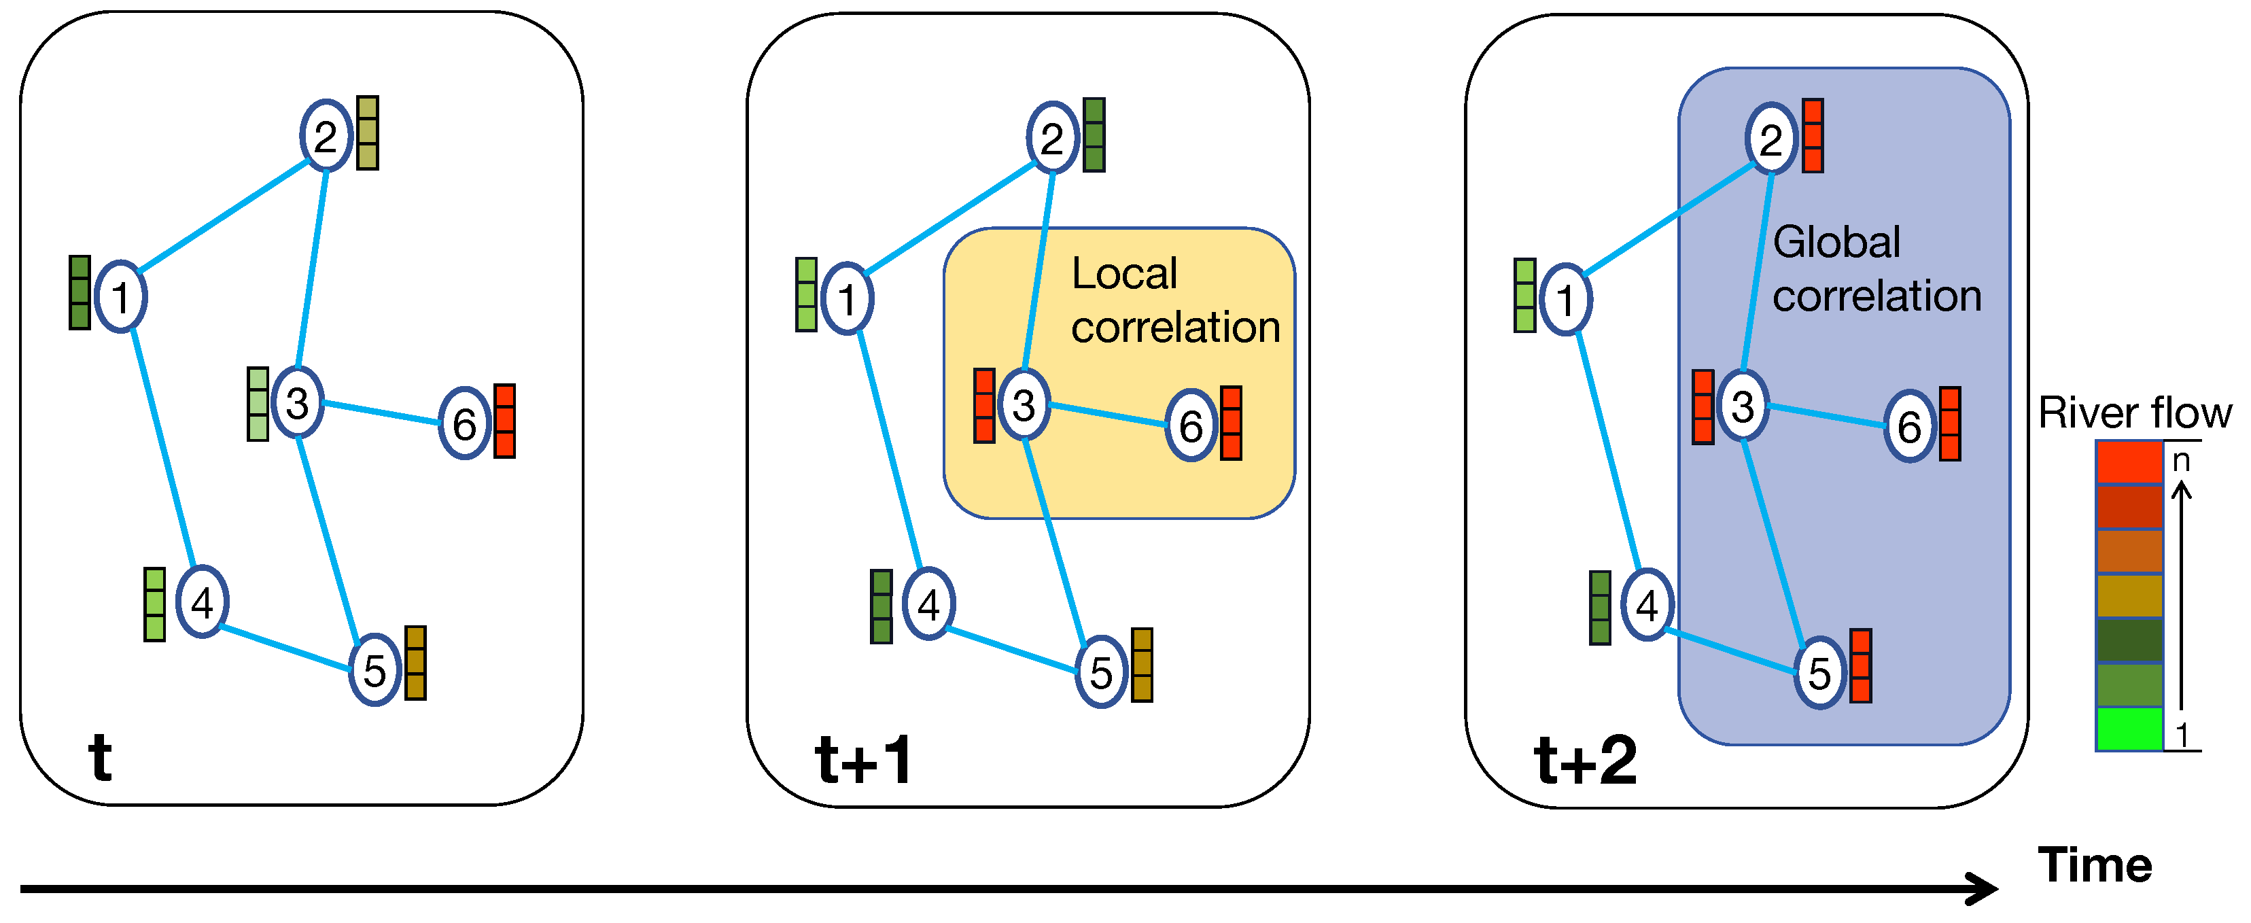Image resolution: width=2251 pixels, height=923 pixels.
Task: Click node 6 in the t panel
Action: [x=464, y=424]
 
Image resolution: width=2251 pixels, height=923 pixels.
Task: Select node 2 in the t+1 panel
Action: [x=1052, y=138]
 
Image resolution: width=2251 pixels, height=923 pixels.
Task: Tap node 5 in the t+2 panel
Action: [x=1819, y=672]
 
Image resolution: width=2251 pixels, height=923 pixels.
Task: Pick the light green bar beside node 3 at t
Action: [x=258, y=404]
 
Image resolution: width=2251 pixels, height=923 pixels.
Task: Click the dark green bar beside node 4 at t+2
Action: [x=1600, y=608]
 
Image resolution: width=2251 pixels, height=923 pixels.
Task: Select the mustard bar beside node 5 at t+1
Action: [x=1142, y=664]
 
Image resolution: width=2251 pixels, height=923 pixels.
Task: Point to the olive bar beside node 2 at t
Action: [x=368, y=133]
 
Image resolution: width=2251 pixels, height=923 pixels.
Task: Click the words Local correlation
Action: [x=1174, y=300]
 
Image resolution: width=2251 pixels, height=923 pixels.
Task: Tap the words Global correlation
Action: [x=1875, y=268]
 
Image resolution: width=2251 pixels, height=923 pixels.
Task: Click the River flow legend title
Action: [x=2134, y=412]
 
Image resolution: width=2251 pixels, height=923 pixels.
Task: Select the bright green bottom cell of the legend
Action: [x=2129, y=728]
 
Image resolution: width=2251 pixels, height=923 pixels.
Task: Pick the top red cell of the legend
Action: [x=2129, y=461]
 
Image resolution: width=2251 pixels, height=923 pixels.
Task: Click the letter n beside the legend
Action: [x=2181, y=459]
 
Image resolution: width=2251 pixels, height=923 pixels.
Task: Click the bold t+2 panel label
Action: [x=1585, y=760]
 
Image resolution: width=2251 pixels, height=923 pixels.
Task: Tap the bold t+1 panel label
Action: [x=863, y=760]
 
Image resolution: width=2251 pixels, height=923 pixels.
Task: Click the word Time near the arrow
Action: [x=2095, y=865]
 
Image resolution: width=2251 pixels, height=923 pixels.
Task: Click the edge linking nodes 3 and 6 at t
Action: [x=381, y=413]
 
